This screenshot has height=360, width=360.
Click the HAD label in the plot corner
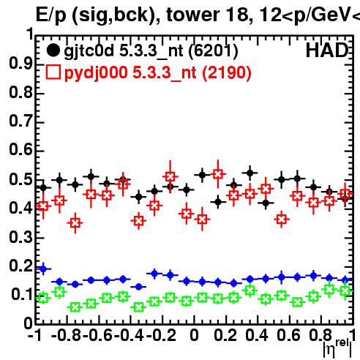pos(327,50)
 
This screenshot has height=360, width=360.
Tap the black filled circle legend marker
pos(53,50)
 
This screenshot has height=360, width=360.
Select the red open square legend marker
pos(53,72)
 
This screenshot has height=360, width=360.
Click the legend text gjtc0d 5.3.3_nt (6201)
pos(151,51)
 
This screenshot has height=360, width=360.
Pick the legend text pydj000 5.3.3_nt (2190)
pos(157,72)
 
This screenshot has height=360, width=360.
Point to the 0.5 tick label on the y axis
pos(20,179)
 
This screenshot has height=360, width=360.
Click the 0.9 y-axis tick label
pos(20,64)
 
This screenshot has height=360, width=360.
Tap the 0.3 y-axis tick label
pos(20,237)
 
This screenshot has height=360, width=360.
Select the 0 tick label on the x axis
pos(194,335)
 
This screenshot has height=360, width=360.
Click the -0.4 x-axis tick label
pos(130,335)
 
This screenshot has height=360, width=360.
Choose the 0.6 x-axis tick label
pos(288,335)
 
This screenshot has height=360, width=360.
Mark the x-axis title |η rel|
pos(337,349)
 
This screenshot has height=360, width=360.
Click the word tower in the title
pos(193,15)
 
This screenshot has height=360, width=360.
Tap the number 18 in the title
pos(236,15)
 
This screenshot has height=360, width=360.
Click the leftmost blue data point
pos(43,269)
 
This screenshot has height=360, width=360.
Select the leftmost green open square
pos(43,298)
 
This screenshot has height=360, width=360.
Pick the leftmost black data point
pos(43,188)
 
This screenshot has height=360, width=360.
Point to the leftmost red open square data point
pos(43,206)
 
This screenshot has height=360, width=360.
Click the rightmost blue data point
pos(345,280)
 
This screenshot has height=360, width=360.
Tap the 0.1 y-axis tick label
pos(22,295)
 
